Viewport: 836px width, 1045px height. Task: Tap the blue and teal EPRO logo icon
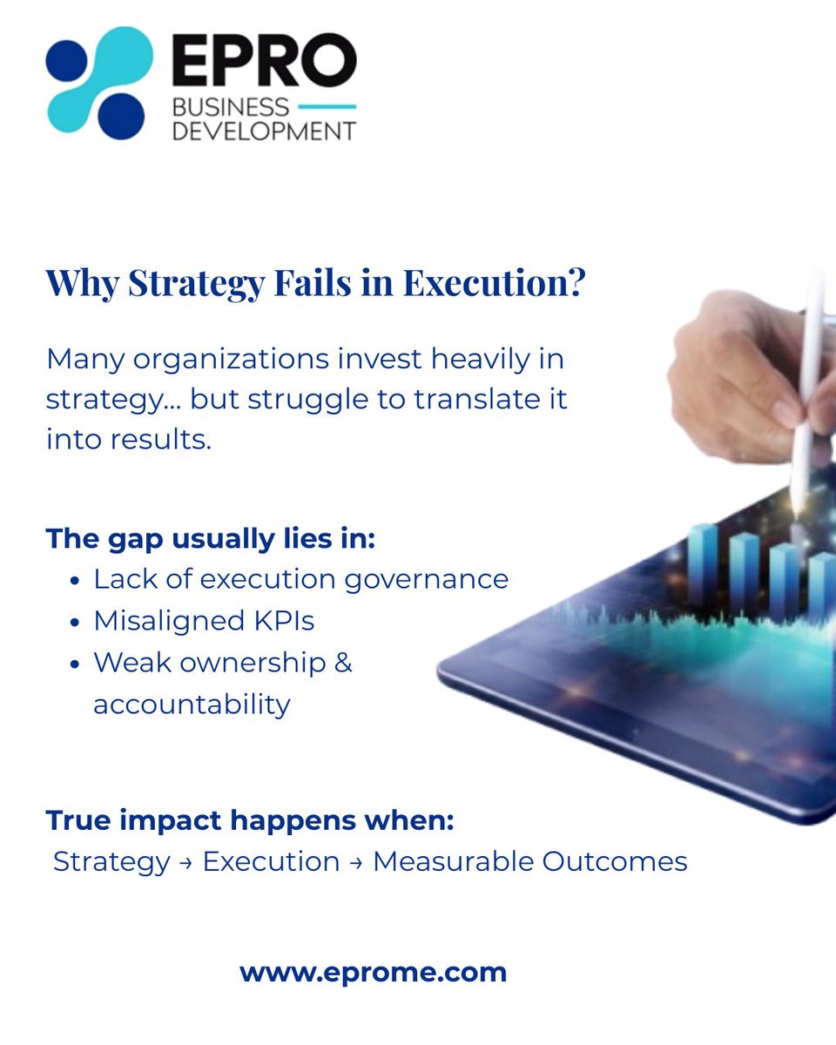(98, 83)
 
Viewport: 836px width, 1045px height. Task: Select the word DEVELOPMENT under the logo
(264, 131)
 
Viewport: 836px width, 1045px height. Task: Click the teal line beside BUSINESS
(327, 106)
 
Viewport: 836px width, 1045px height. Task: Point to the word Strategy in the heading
(171, 284)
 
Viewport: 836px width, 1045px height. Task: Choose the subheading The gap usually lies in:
(210, 537)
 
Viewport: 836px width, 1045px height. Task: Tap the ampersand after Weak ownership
(343, 663)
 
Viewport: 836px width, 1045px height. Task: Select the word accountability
(192, 704)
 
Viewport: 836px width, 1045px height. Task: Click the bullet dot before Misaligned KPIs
(75, 622)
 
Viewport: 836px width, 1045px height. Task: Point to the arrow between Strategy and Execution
(186, 862)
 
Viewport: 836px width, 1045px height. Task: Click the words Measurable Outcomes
(529, 861)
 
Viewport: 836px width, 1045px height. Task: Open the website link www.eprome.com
(373, 972)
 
